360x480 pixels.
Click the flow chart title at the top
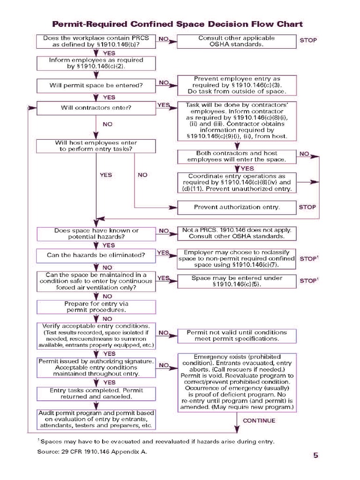[x=177, y=24]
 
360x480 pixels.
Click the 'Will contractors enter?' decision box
[x=96, y=108]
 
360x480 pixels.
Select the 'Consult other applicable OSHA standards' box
[x=236, y=41]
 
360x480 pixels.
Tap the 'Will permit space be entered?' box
[x=96, y=86]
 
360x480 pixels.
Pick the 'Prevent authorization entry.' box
[x=237, y=207]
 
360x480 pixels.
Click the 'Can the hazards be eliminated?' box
[x=96, y=255]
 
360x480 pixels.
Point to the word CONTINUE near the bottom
[x=259, y=420]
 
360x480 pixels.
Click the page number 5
[x=315, y=455]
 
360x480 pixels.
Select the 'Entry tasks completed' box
[x=96, y=393]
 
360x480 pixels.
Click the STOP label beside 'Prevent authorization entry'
[x=307, y=207]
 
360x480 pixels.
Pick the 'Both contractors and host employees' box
[x=237, y=157]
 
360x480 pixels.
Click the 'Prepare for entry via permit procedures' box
[x=96, y=307]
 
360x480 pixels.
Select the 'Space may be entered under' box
[x=237, y=281]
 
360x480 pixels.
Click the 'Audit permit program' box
[x=96, y=420]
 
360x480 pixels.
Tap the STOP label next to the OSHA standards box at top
[x=308, y=40]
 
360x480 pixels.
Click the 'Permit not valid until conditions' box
[x=237, y=336]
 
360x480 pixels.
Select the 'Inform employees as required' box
[x=96, y=63]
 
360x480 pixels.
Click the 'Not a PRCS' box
[x=237, y=233]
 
